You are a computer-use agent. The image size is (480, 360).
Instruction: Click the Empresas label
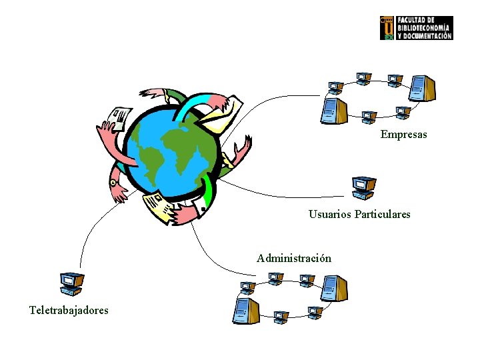[x=403, y=135]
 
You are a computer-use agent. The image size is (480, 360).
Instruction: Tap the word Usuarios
[x=330, y=215]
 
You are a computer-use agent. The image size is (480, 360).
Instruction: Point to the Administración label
[x=293, y=258]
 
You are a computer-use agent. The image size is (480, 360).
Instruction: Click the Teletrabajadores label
[x=69, y=310]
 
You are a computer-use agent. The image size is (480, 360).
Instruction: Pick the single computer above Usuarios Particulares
[x=364, y=188]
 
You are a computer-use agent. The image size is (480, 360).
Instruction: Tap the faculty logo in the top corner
[x=416, y=28]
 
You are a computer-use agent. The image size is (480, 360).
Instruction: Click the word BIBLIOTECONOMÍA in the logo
[x=424, y=28]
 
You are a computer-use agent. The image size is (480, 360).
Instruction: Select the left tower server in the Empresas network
[x=333, y=110]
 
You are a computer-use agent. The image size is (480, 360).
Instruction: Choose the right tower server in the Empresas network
[x=421, y=87]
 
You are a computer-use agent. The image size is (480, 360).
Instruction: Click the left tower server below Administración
[x=244, y=311]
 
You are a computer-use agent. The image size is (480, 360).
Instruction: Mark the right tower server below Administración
[x=333, y=288]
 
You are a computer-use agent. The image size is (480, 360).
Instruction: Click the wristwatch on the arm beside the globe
[x=113, y=182]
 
